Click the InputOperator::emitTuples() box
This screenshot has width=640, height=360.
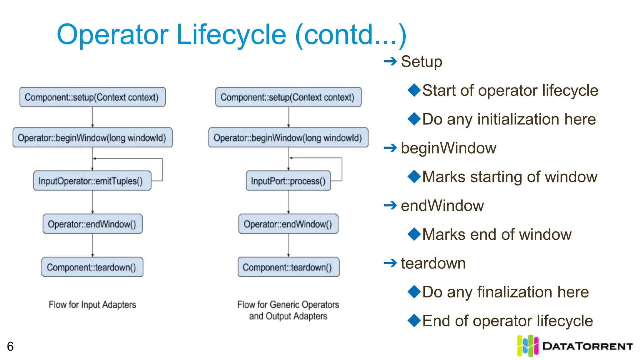92,181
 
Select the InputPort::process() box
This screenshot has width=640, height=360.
288,181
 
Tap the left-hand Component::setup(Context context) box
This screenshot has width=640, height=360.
92,97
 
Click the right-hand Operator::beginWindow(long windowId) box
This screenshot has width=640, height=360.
288,137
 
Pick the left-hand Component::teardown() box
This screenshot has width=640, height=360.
92,267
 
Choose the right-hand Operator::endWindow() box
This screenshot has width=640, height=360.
288,224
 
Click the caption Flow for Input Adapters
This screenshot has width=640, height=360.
92,304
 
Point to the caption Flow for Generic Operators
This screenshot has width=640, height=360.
288,304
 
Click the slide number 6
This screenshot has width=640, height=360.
10,346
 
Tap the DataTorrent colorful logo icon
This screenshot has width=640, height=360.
527,346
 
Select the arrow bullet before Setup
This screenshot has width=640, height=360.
390,62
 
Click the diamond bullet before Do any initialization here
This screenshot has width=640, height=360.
414,119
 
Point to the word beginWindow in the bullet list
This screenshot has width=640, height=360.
448,148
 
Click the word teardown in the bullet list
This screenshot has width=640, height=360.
433,263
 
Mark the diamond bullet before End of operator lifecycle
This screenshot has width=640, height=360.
414,321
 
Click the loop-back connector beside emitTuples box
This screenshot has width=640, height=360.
162,169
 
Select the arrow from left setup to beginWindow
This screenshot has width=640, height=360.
92,117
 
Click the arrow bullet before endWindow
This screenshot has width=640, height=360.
390,206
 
